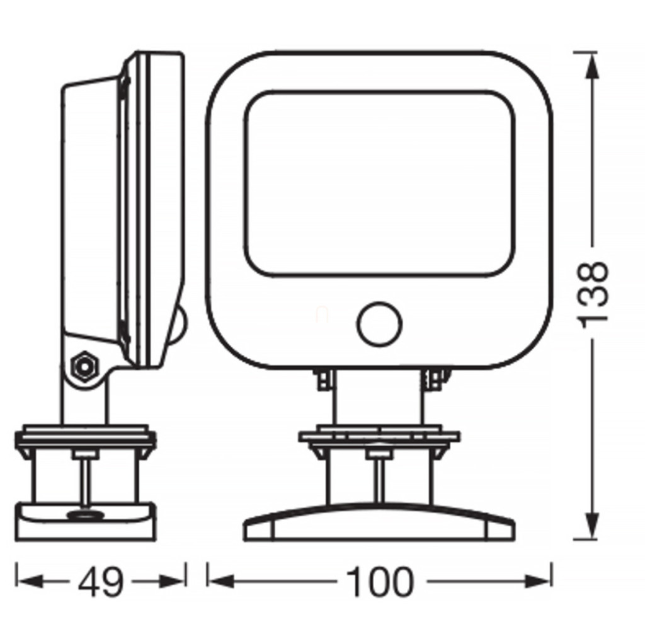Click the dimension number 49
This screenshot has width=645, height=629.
coord(101,582)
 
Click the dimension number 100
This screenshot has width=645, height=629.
coord(379,582)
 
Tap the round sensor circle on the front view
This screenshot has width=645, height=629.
coord(379,323)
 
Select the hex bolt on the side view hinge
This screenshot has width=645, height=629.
coord(84,366)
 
